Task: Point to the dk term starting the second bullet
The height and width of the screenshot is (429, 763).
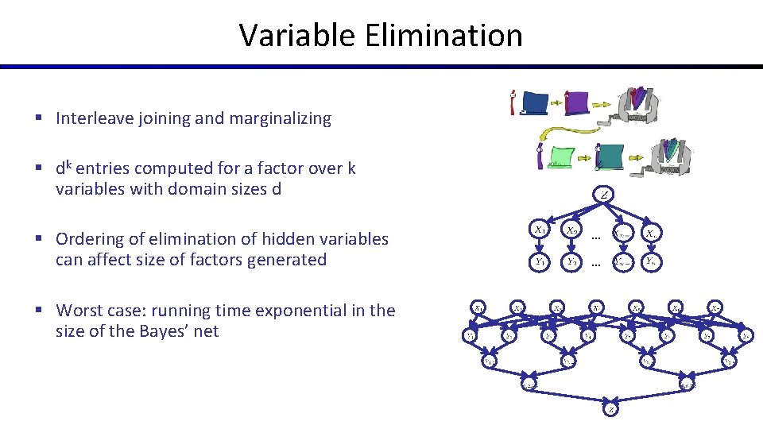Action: point(64,168)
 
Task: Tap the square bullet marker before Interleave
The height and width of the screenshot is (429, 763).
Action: point(38,119)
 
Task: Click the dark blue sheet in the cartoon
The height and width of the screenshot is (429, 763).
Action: point(536,103)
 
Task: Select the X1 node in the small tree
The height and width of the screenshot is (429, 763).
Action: point(540,230)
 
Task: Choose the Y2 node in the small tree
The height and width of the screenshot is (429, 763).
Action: point(571,260)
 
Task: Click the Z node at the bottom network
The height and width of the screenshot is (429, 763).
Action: point(610,410)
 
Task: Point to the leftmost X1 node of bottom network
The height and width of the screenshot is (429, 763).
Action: point(479,306)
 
